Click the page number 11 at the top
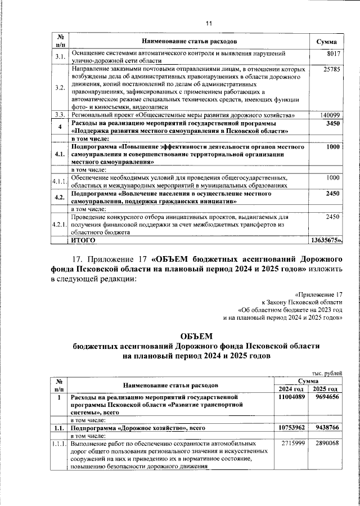coord(208,23)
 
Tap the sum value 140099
coord(330,115)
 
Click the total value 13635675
coord(326,240)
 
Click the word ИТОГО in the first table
coord(83,240)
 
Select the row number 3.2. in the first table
coord(60,88)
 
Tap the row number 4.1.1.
coord(60,181)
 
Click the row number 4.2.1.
coord(60,225)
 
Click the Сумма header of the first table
coord(327,42)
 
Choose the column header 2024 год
coord(291,389)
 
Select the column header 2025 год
coord(326,389)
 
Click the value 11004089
coord(291,397)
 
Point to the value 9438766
coord(326,428)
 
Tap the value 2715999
coord(292,444)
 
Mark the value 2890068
coord(326,444)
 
